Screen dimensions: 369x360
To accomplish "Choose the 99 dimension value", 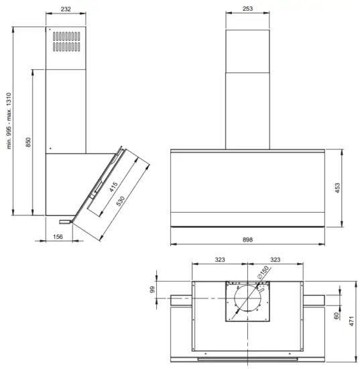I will [152, 290].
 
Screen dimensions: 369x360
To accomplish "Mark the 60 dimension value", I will [337, 315].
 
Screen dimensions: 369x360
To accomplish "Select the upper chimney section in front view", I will [247, 49].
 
